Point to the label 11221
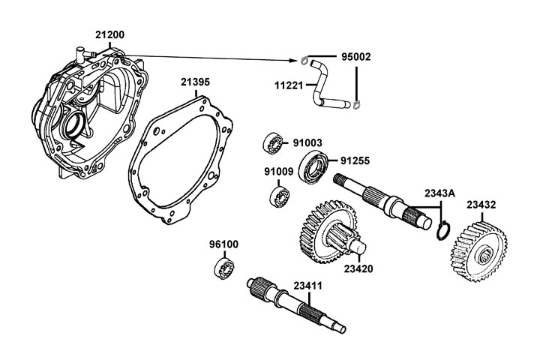click(x=289, y=85)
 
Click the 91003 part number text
click(x=307, y=141)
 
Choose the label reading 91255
click(x=355, y=160)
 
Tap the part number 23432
click(x=481, y=204)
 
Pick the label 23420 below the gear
click(x=359, y=268)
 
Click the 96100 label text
click(x=223, y=244)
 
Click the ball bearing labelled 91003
click(x=271, y=142)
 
